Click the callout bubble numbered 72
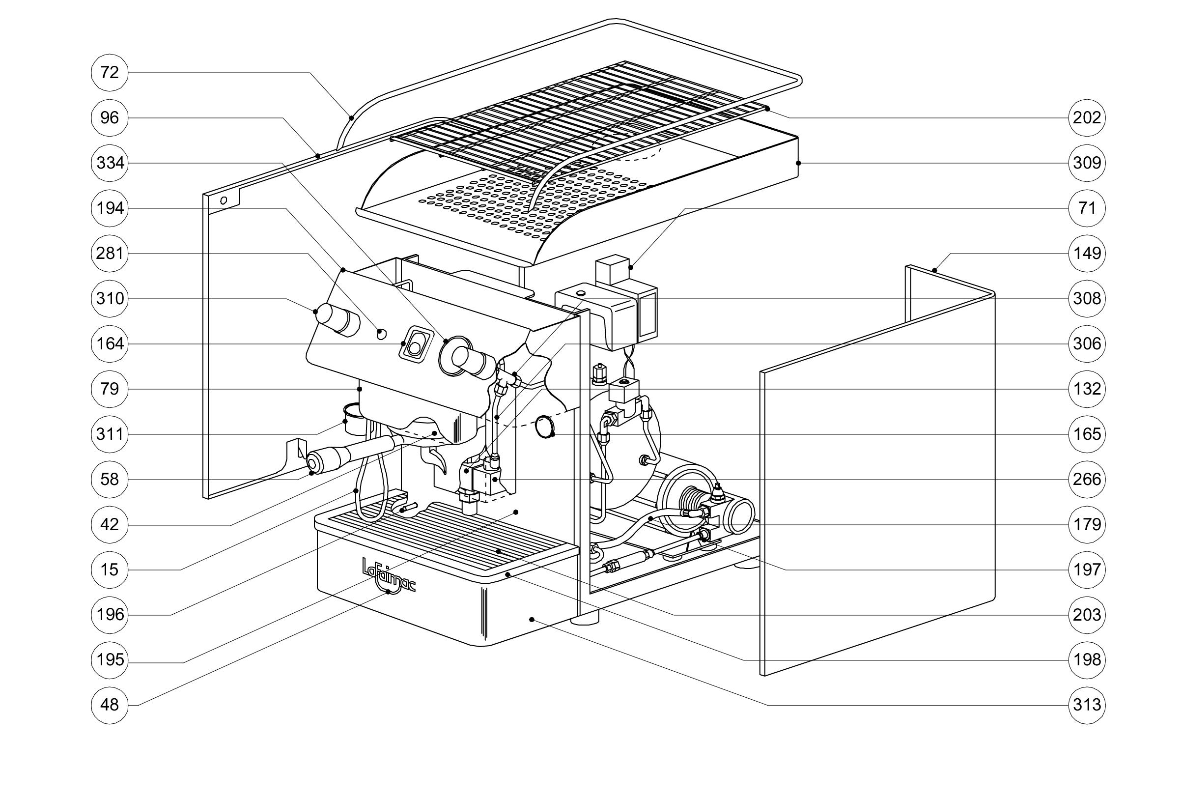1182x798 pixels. [110, 73]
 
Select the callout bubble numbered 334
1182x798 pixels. [110, 163]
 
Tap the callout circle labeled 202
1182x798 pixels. [1087, 118]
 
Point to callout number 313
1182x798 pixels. [1087, 705]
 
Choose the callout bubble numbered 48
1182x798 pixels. [110, 705]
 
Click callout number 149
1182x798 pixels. [1087, 253]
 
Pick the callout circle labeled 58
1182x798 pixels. [110, 479]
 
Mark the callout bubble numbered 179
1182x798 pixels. [1087, 524]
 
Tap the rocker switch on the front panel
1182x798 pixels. [415, 344]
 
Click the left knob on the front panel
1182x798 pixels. [336, 319]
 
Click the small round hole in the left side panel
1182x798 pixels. [223, 200]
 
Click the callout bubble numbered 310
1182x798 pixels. [110, 299]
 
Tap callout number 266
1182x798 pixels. [1087, 479]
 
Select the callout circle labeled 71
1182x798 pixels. [1087, 208]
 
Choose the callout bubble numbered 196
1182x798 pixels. [110, 615]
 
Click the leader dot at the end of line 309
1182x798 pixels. [798, 163]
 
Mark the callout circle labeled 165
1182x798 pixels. [1087, 434]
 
